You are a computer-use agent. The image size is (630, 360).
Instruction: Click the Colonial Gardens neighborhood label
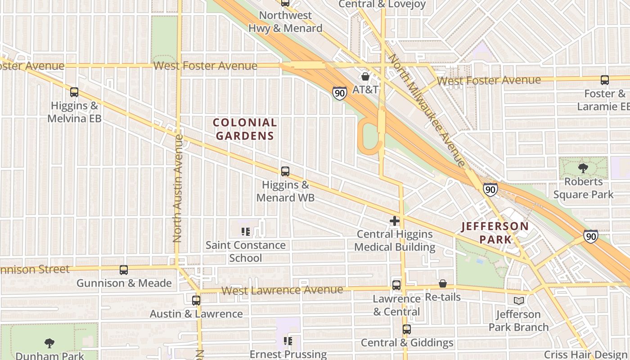(245, 129)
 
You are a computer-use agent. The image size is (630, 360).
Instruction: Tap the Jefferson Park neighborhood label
(495, 232)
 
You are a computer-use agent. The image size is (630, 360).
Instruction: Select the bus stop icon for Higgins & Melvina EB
(74, 92)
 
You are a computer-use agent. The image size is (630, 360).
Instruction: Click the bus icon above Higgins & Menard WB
(285, 171)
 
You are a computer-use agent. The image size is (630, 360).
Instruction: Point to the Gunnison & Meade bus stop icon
(124, 270)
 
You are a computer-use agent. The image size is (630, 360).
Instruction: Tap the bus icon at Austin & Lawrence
(196, 301)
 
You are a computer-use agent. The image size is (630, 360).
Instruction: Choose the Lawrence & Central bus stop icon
(396, 285)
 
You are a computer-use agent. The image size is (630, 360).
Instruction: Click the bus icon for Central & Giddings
(407, 329)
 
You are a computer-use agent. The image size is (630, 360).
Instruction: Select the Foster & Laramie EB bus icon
(605, 81)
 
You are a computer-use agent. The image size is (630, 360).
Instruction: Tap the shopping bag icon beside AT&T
(365, 77)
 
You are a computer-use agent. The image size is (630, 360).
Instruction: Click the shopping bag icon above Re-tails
(443, 283)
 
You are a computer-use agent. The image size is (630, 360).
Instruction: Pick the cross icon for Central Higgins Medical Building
(395, 221)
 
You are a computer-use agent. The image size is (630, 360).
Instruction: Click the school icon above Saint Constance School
(245, 232)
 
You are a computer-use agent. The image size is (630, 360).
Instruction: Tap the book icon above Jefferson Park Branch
(519, 301)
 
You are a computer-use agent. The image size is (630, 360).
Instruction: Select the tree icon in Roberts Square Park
(583, 169)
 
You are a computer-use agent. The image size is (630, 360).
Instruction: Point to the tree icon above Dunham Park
(49, 343)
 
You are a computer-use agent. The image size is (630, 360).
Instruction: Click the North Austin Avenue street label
(178, 188)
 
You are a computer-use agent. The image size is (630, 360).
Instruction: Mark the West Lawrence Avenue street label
(282, 290)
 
